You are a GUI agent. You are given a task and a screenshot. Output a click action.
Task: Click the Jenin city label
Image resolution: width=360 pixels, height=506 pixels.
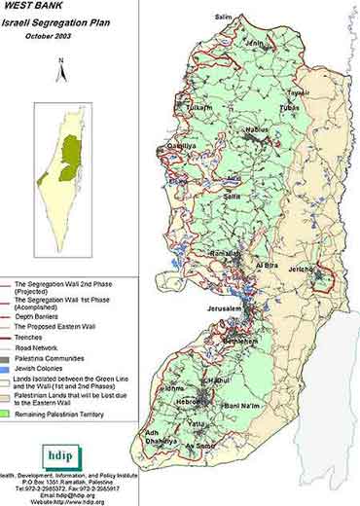coord(254,44)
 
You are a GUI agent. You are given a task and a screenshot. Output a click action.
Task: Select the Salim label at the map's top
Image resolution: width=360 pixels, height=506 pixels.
coord(223,17)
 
